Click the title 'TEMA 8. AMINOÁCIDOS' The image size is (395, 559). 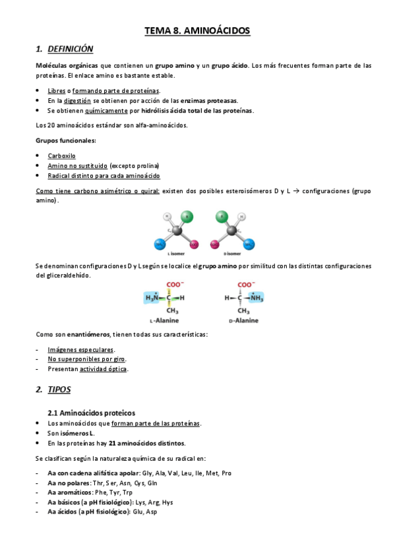click(197, 30)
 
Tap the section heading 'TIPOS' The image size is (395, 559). click(59, 390)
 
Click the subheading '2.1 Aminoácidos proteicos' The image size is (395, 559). click(92, 413)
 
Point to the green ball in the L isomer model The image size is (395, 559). click(187, 216)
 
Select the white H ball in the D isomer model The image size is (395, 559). click(243, 216)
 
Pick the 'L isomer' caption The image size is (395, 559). click(176, 253)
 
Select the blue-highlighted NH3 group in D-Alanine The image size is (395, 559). click(253, 298)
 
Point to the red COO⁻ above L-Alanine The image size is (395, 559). click(173, 285)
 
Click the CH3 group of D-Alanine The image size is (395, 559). click(244, 310)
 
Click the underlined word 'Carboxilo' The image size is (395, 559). click(61, 156)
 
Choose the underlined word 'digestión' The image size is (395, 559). click(77, 100)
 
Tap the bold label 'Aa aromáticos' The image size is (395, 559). click(69, 492)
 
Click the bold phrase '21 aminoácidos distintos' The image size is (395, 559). click(147, 444)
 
